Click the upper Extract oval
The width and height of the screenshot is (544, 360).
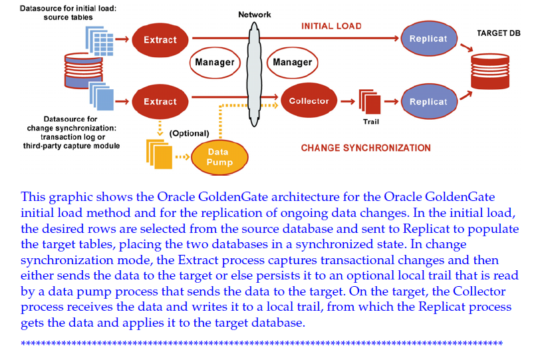coord(160,40)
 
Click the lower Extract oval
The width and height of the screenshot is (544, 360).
coord(160,102)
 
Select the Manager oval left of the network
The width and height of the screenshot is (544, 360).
coord(214,63)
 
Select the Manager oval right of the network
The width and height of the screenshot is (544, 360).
coord(293,63)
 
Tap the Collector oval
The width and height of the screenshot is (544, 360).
coord(309,101)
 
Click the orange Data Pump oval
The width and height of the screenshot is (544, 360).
coord(217,157)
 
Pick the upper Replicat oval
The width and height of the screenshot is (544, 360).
coord(428,39)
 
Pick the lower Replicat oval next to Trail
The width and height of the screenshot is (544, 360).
coord(428,102)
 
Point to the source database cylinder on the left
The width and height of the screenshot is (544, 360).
coord(78,71)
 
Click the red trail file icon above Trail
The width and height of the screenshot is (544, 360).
coord(370,102)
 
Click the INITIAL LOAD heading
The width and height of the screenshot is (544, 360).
coord(331,26)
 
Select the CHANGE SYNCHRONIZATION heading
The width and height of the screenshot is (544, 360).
coord(366,148)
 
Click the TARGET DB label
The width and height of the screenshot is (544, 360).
coord(499,33)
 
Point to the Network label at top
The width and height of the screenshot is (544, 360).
coord(254,15)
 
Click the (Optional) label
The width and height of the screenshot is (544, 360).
coord(189,134)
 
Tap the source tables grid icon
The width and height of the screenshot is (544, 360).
coord(99,39)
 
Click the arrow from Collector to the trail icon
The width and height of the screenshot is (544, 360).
coord(346,102)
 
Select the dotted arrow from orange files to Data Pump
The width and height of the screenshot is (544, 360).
coord(182,158)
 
